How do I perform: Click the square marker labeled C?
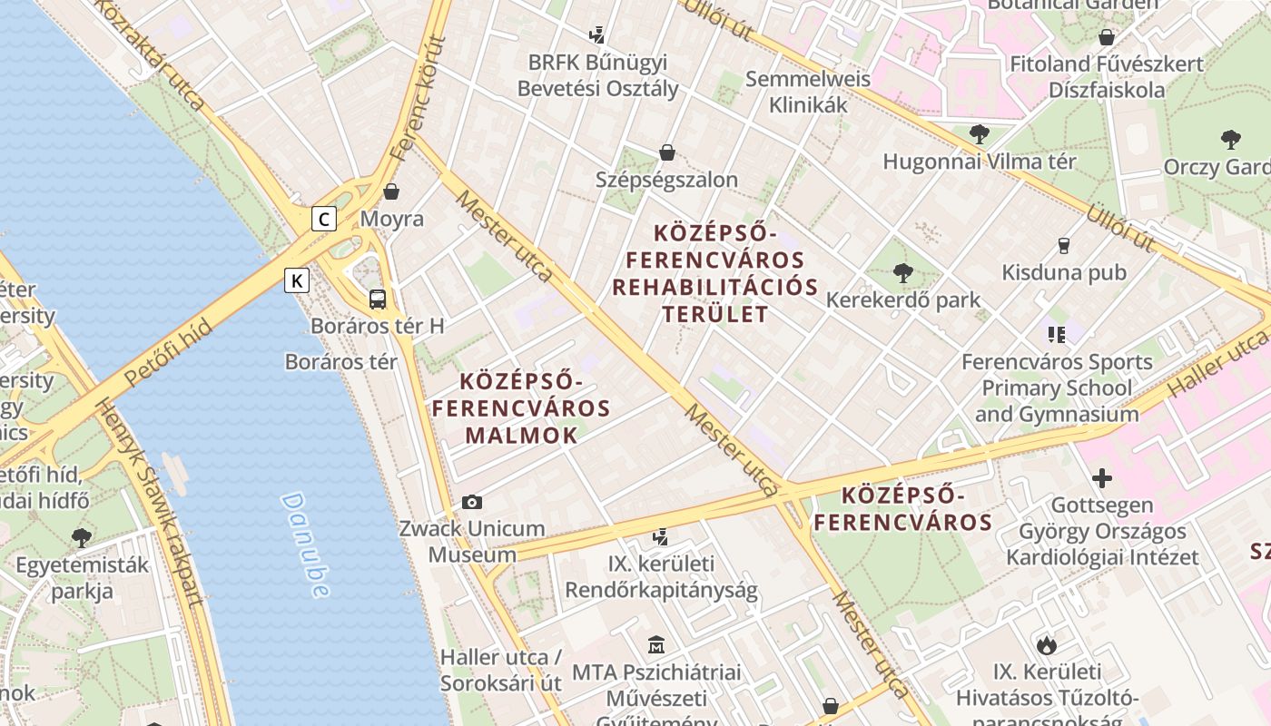pyautogui.click(x=324, y=219)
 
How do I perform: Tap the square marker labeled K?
pyautogui.click(x=297, y=280)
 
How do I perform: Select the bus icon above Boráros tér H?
pyautogui.click(x=378, y=299)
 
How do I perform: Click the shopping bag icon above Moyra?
pyautogui.click(x=391, y=191)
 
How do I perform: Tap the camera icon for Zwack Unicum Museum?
pyautogui.click(x=472, y=502)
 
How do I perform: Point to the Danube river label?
pyautogui.click(x=305, y=544)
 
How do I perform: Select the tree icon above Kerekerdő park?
pyautogui.click(x=902, y=272)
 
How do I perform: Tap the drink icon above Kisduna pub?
pyautogui.click(x=1064, y=245)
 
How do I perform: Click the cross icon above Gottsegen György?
pyautogui.click(x=1102, y=477)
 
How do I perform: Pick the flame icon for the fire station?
pyautogui.click(x=1047, y=645)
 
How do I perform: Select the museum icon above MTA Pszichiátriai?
pyautogui.click(x=656, y=645)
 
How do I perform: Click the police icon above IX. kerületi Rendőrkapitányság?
pyautogui.click(x=661, y=536)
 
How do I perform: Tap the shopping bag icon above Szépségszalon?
pyautogui.click(x=667, y=152)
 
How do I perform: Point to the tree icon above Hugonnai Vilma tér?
pyautogui.click(x=979, y=134)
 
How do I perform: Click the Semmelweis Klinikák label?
pyautogui.click(x=808, y=92)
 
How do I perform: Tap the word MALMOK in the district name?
pyautogui.click(x=521, y=435)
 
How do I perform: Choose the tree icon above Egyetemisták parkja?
pyautogui.click(x=82, y=537)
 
